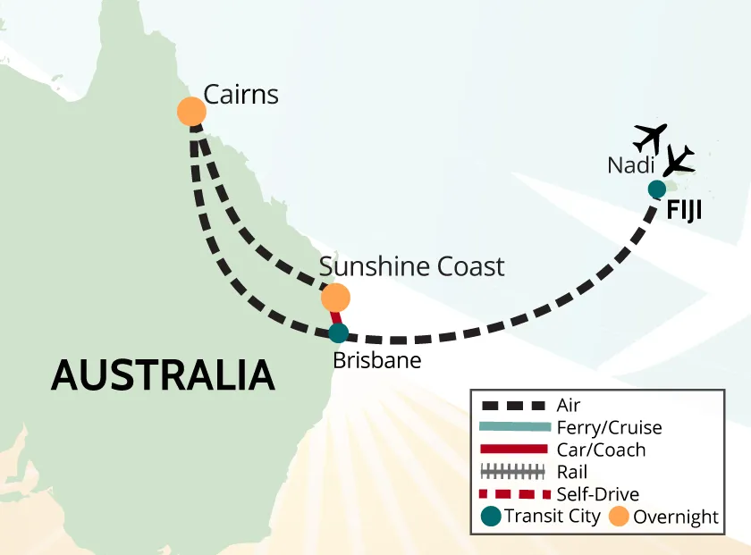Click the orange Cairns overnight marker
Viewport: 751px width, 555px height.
[x=191, y=112]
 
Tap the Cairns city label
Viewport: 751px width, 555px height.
[x=241, y=95]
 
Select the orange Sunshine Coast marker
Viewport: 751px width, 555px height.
[x=335, y=297]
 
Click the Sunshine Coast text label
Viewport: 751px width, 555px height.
[x=411, y=266]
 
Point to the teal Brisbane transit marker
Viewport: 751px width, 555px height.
[x=338, y=333]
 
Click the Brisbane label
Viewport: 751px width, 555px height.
[x=375, y=361]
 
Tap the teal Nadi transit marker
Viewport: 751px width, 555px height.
[x=656, y=189]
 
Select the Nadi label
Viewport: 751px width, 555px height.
[x=630, y=165]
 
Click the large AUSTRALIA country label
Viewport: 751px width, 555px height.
[x=162, y=374]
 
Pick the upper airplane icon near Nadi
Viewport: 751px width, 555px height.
[x=650, y=138]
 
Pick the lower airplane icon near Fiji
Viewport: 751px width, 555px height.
[x=679, y=161]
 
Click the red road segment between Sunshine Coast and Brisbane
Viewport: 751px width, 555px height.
[x=336, y=315]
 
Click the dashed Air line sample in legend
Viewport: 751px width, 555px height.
[x=513, y=406]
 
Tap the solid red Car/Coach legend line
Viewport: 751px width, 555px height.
[x=513, y=450]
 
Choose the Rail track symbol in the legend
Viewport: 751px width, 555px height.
[x=513, y=472]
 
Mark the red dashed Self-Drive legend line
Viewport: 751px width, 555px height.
[x=513, y=493]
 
